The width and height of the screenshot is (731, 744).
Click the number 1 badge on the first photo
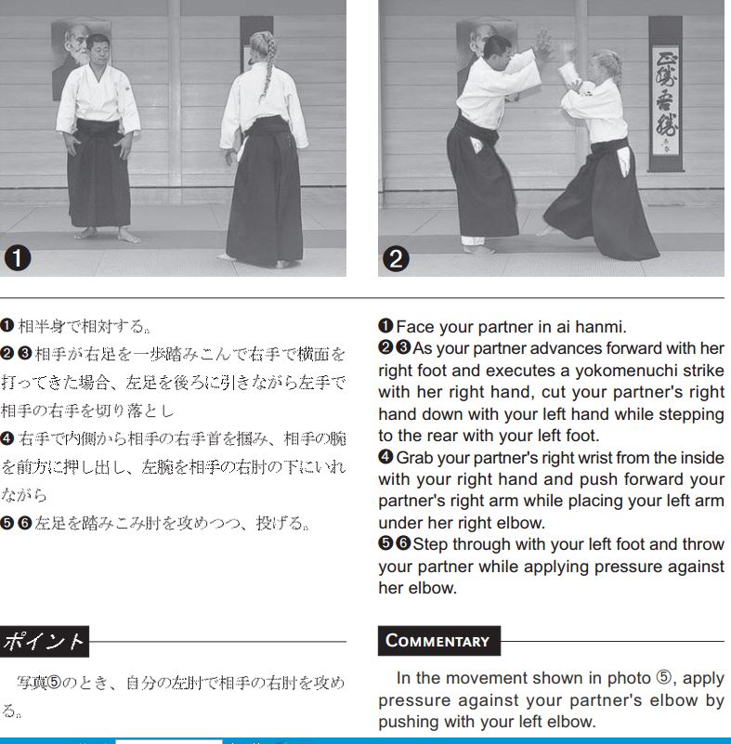[18, 258]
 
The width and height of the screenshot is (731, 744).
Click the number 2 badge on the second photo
[396, 259]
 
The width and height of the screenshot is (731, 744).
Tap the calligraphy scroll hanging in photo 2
[666, 94]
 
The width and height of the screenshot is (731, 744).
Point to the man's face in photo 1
[98, 52]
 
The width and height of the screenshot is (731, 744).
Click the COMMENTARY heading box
[438, 641]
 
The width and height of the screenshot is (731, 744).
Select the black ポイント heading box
[44, 642]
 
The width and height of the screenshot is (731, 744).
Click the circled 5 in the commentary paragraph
[664, 677]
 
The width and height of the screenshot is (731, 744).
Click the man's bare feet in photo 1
[108, 234]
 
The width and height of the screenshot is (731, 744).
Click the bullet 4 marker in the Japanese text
[7, 438]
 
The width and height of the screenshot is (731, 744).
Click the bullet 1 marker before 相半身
[7, 325]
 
